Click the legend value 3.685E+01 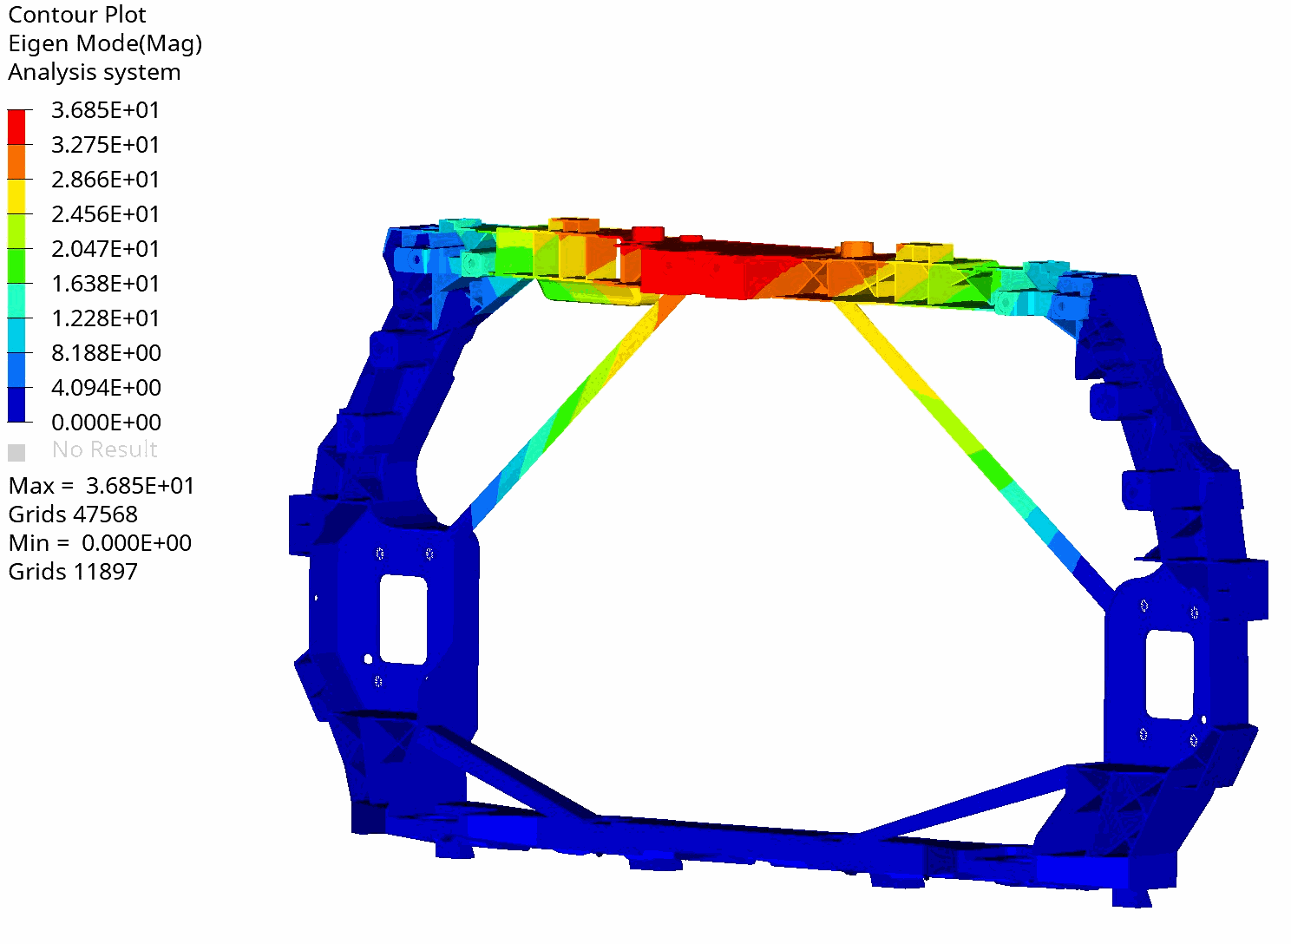(105, 109)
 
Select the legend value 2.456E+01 (105, 213)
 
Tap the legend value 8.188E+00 (106, 353)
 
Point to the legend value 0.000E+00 (106, 422)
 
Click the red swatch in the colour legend (16, 127)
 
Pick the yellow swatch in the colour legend (16, 197)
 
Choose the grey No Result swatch (16, 452)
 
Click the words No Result (104, 449)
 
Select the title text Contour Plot (76, 15)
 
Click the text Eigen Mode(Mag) (105, 43)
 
